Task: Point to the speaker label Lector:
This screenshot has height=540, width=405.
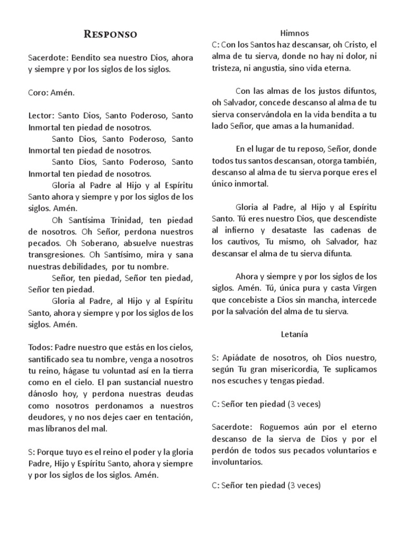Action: click(x=41, y=115)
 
